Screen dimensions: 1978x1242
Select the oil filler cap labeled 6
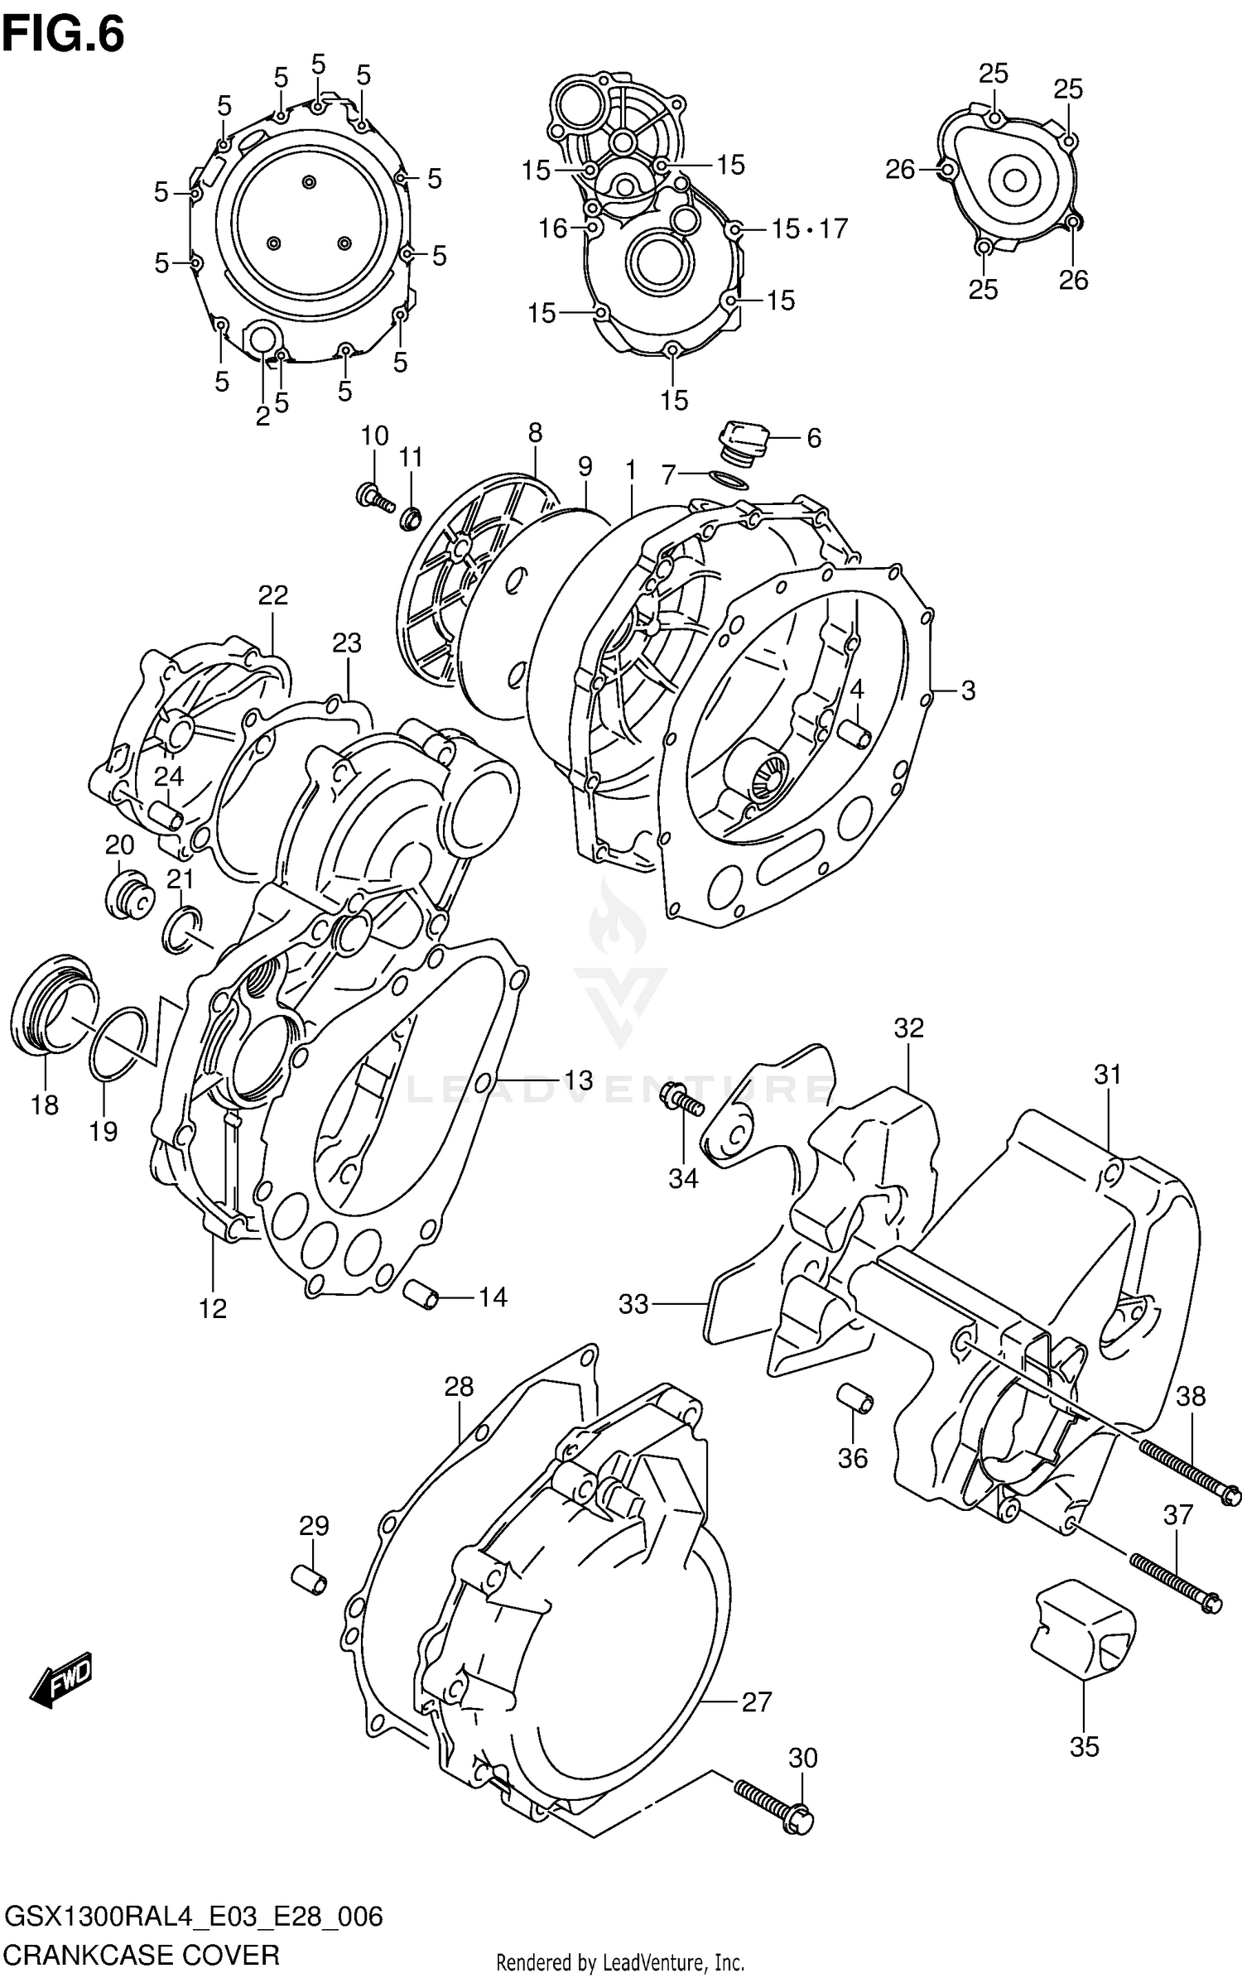(743, 440)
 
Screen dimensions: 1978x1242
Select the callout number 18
(45, 1104)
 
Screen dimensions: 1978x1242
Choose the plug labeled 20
(128, 894)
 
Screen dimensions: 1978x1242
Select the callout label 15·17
(809, 229)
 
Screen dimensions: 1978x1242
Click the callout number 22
(272, 594)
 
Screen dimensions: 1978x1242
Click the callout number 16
(552, 228)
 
